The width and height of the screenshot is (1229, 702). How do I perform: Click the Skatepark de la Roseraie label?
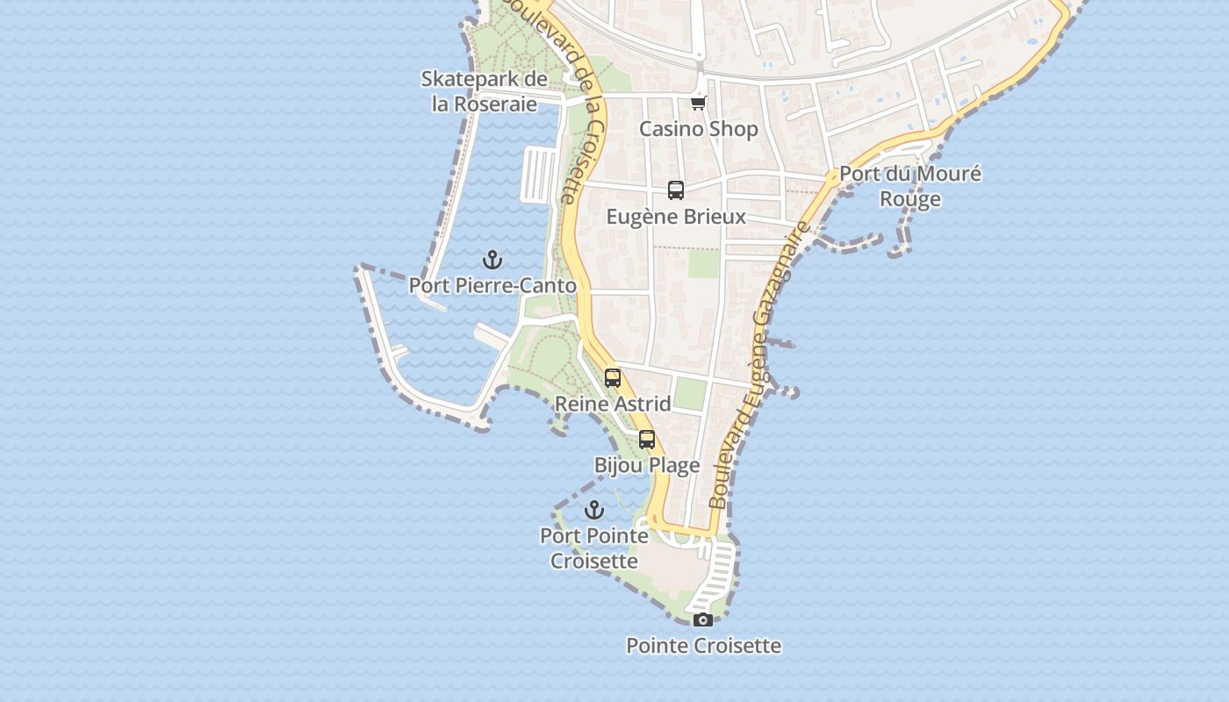485,91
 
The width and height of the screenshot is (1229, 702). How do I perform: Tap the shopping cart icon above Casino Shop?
699,103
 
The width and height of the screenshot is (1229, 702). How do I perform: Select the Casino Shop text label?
698,129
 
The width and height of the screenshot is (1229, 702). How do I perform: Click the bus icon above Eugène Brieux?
676,190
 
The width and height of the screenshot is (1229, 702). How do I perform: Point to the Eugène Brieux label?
676,217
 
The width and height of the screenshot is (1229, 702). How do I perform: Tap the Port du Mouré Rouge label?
910,186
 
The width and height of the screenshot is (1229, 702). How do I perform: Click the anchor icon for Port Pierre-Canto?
492,260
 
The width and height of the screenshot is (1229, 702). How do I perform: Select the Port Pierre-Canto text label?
492,286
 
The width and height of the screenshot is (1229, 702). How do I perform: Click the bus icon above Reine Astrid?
613,378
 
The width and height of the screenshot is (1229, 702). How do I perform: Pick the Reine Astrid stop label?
613,405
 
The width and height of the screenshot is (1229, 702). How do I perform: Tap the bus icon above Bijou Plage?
647,440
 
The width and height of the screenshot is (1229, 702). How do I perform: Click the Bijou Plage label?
647,466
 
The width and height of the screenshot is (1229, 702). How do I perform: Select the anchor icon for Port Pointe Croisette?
594,510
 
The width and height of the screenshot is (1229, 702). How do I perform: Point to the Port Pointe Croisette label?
594,548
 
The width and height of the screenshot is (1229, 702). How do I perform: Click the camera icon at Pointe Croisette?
702,620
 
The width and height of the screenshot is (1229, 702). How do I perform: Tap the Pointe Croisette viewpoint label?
703,646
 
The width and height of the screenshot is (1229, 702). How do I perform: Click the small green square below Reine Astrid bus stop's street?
691,394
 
